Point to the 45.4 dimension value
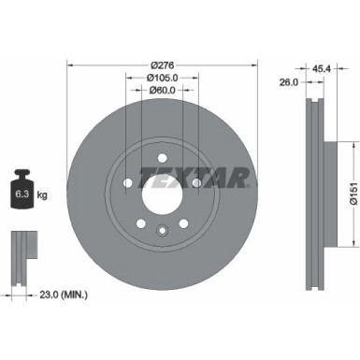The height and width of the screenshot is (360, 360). point(323,68)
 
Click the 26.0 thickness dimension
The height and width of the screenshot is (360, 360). point(288,82)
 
